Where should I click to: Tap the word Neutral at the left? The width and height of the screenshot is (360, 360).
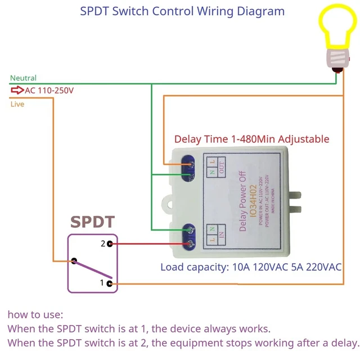(x=23, y=78)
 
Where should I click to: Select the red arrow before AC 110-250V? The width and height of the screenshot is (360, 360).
(x=17, y=90)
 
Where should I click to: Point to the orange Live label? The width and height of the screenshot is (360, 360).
(x=17, y=104)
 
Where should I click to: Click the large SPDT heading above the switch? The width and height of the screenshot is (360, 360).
(x=92, y=223)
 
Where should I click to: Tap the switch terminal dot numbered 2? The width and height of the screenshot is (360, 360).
(x=110, y=244)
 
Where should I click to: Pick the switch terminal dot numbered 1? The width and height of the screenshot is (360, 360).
(x=110, y=283)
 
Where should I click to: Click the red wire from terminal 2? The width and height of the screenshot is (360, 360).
(x=146, y=244)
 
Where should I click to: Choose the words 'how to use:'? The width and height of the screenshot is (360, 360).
(x=35, y=314)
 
